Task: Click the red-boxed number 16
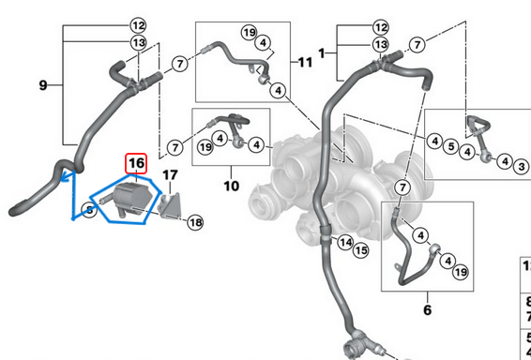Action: coord(136,164)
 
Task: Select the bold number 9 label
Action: coord(43,85)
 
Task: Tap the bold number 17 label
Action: coord(169,174)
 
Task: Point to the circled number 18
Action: coord(194,222)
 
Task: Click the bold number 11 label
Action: coord(304,62)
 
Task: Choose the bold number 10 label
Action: coord(231,187)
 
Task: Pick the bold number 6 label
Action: coord(426,308)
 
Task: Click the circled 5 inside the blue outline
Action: coord(87,211)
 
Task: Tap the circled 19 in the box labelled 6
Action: coord(461,272)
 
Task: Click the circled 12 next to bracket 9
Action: coord(138,25)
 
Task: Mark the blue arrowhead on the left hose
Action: coord(64,174)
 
